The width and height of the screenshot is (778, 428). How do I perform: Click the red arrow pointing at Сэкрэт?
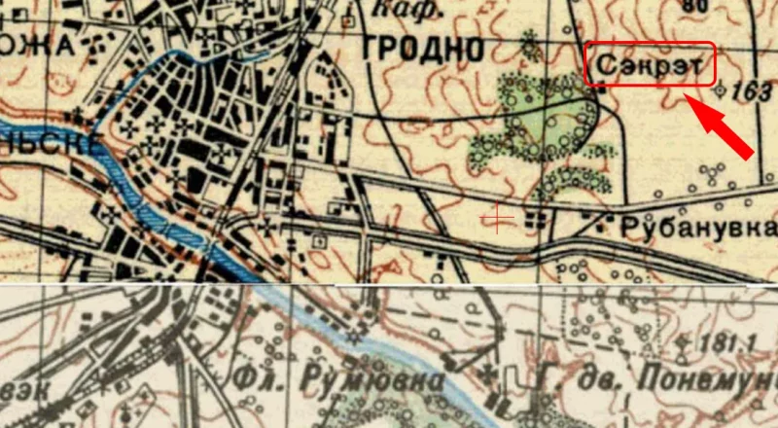click(x=725, y=126)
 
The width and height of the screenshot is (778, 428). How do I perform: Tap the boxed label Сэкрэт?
click(x=650, y=64)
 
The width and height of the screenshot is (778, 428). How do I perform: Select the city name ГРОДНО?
click(x=422, y=48)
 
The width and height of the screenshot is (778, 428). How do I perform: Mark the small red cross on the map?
click(x=498, y=219)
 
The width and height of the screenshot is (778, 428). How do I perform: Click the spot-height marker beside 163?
click(x=721, y=90)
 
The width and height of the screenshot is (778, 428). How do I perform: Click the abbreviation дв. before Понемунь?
click(x=588, y=379)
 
